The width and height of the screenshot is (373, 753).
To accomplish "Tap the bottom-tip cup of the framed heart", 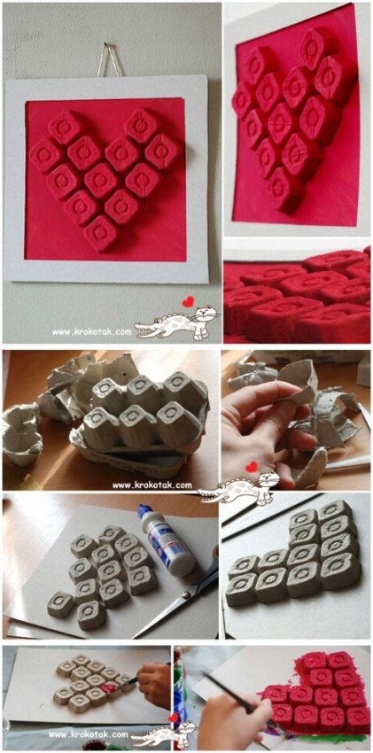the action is click(101, 233).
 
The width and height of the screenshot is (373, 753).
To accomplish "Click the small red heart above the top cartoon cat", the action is click(188, 301).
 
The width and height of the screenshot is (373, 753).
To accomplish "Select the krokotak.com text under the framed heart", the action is click(91, 331).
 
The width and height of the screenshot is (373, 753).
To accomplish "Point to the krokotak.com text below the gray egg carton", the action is click(152, 485).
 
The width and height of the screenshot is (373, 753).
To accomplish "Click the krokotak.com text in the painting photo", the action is click(88, 734).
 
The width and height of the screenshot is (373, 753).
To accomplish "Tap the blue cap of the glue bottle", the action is click(144, 512).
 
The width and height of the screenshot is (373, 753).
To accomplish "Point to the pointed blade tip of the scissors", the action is click(134, 637).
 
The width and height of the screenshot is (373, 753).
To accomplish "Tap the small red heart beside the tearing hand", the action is click(251, 467).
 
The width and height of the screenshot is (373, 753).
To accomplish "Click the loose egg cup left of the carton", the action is click(21, 434).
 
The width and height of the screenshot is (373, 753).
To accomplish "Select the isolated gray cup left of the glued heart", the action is click(61, 604).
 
